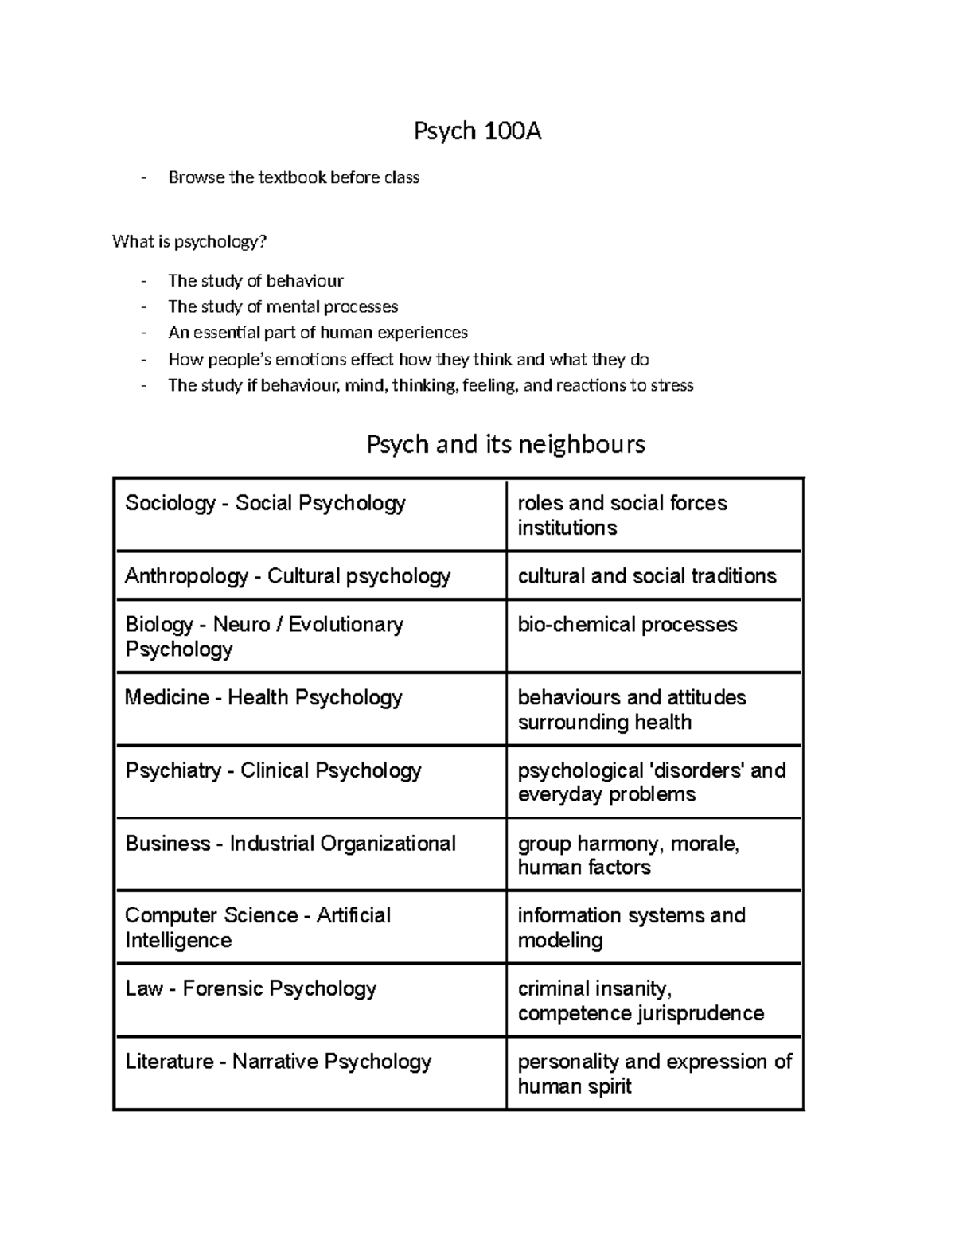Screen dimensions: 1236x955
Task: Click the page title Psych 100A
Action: (x=477, y=131)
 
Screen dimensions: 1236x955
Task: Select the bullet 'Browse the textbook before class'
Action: (x=293, y=177)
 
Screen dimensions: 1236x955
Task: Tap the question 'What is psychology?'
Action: (x=187, y=241)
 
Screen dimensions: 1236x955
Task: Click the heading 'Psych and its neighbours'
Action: (x=505, y=443)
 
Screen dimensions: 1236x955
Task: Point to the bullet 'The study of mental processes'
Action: (x=283, y=306)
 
